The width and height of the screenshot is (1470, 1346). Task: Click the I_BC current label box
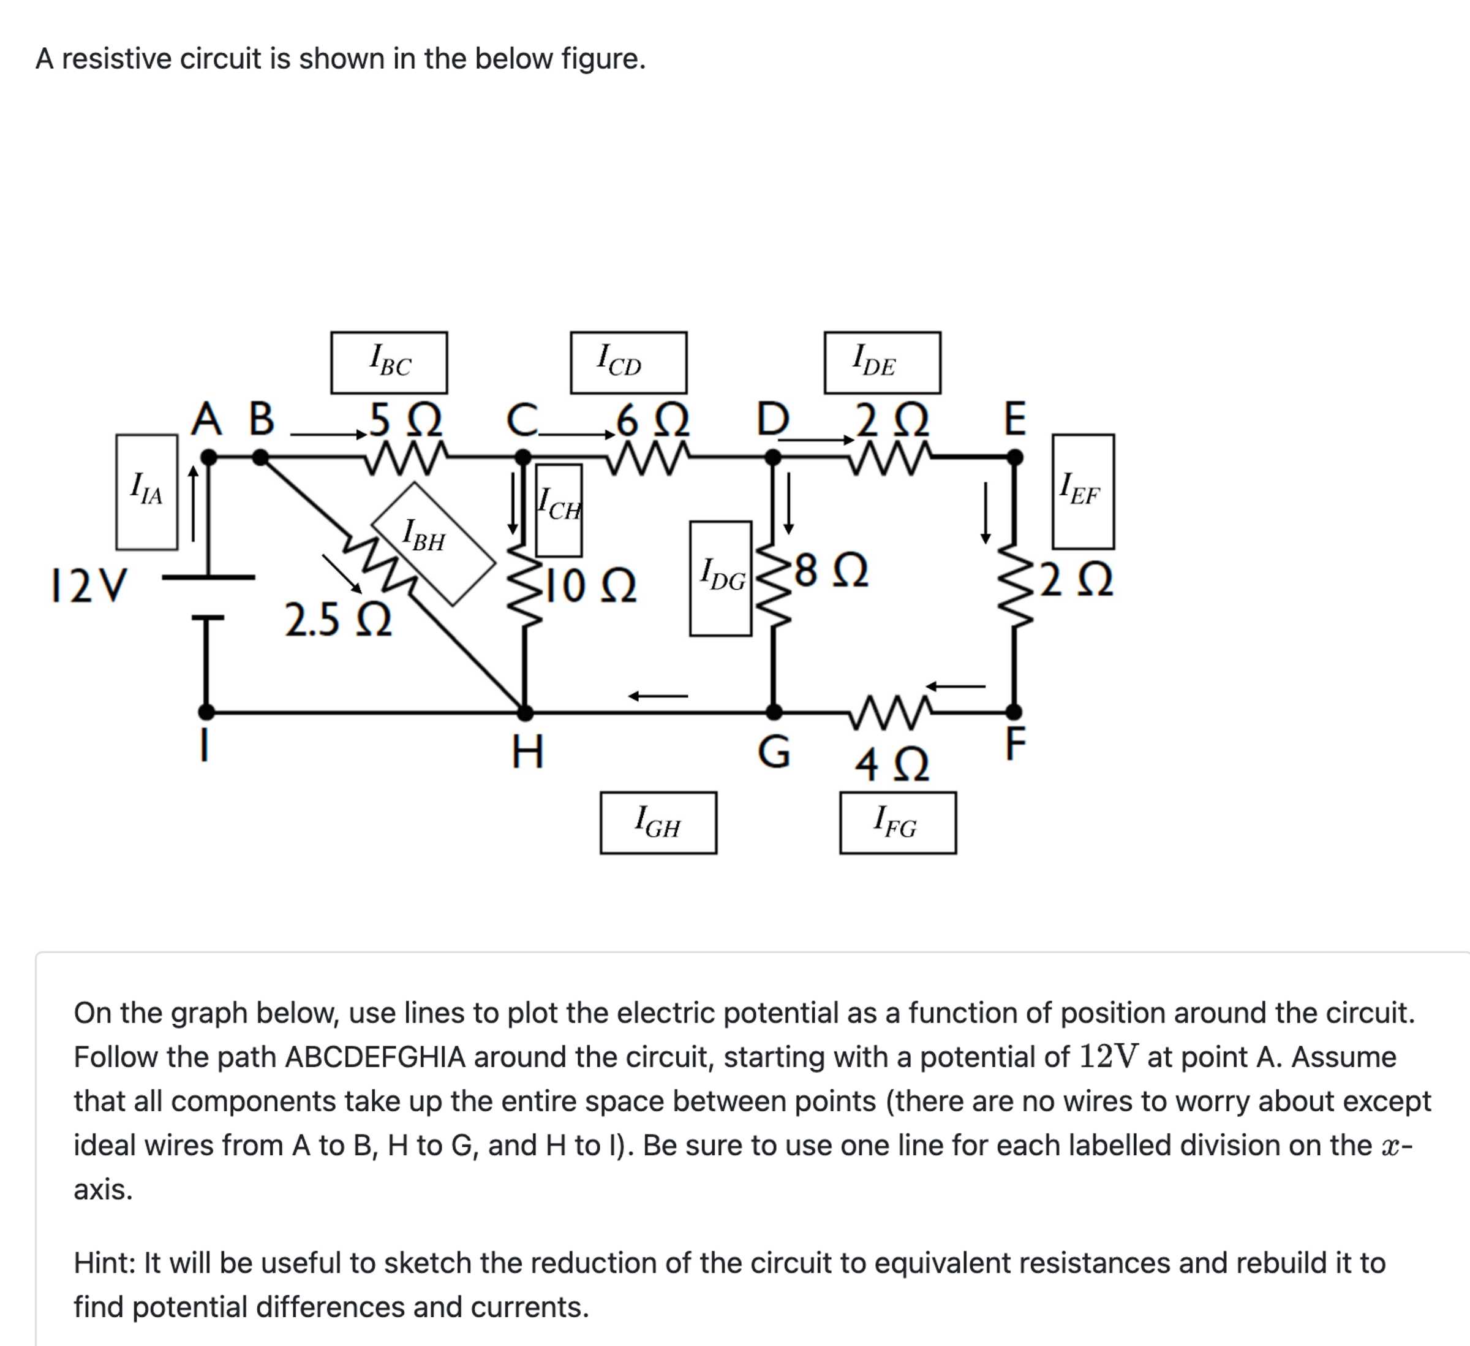pyautogui.click(x=389, y=363)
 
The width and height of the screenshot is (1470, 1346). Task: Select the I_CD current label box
pyautogui.click(x=628, y=363)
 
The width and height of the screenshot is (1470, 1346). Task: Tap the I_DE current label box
pyautogui.click(x=882, y=363)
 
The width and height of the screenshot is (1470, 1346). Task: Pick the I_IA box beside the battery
pyautogui.click(x=146, y=492)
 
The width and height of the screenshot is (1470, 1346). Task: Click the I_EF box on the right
pyautogui.click(x=1083, y=492)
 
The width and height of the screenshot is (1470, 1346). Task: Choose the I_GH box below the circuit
pyautogui.click(x=658, y=823)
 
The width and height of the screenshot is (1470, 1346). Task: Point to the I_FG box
pyautogui.click(x=897, y=823)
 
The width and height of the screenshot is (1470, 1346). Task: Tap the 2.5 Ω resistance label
pyautogui.click(x=337, y=620)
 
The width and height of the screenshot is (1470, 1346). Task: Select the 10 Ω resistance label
pyautogui.click(x=590, y=586)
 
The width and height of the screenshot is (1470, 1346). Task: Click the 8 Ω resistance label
pyautogui.click(x=831, y=571)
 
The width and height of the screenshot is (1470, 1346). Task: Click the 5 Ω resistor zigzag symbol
pyautogui.click(x=406, y=457)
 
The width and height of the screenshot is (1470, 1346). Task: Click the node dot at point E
pyautogui.click(x=1014, y=457)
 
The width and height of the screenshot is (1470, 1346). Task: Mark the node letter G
pyautogui.click(x=774, y=752)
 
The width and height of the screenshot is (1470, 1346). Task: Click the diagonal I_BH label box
pyautogui.click(x=434, y=543)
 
